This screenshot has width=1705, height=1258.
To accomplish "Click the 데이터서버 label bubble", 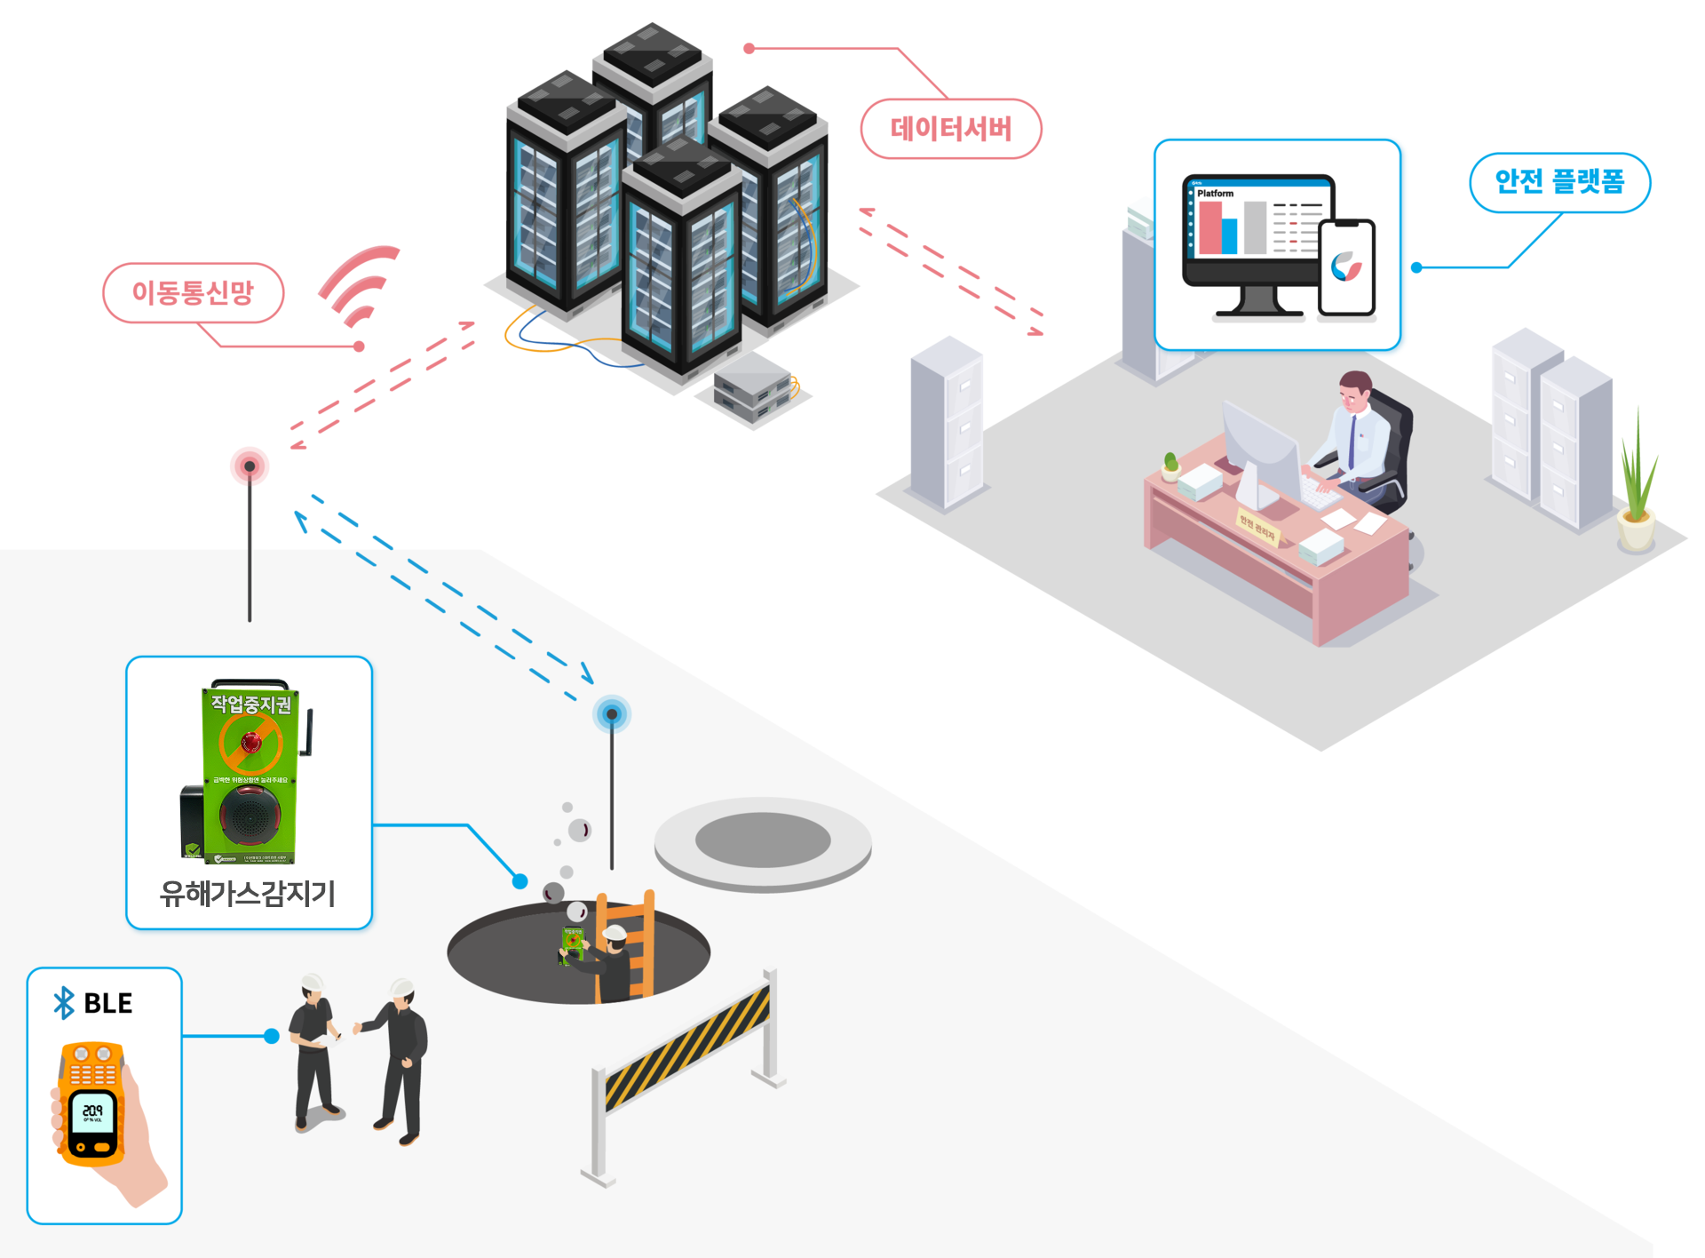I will pyautogui.click(x=951, y=130).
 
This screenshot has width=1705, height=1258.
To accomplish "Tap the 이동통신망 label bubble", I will pyautogui.click(x=194, y=292).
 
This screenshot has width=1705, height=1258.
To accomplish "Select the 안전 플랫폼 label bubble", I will pyautogui.click(x=1559, y=182).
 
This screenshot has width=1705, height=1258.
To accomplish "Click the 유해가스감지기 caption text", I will pyautogui.click(x=248, y=893).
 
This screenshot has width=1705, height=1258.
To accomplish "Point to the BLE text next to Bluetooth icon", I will pyautogui.click(x=107, y=1003).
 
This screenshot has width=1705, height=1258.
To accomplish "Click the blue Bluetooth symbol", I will pyautogui.click(x=64, y=1003).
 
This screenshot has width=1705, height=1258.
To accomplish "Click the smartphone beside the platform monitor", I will pyautogui.click(x=1346, y=267).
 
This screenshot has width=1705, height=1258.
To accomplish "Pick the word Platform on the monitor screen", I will pyautogui.click(x=1215, y=193).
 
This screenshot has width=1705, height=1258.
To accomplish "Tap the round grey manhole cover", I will pyautogui.click(x=763, y=842).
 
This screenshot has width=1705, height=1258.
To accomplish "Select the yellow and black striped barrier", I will pyautogui.click(x=686, y=1048).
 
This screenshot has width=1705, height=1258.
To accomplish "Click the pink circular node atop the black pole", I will pyautogui.click(x=250, y=466).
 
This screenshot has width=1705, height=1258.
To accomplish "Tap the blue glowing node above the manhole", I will pyautogui.click(x=612, y=713).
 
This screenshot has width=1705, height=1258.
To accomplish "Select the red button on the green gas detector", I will pyautogui.click(x=251, y=741).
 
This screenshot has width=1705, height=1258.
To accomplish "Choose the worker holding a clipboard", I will pyautogui.click(x=313, y=1048).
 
